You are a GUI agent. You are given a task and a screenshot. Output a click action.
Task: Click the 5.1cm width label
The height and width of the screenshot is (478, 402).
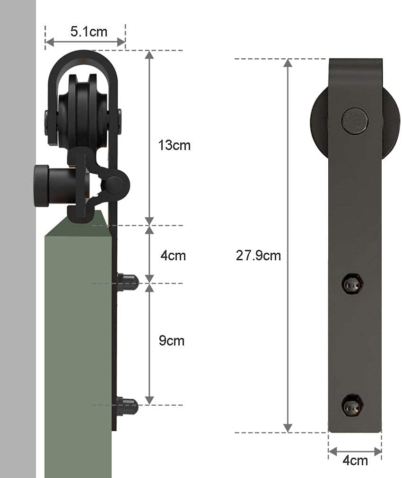[x=89, y=32]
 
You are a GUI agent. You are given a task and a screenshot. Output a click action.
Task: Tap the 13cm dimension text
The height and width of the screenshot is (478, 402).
[x=174, y=145]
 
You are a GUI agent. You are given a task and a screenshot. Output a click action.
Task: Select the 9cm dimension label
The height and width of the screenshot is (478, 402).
[x=171, y=341]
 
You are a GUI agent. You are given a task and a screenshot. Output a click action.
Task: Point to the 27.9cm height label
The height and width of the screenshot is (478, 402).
[x=258, y=256]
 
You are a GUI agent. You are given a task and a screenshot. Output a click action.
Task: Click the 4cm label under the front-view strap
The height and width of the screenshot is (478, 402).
[x=355, y=460]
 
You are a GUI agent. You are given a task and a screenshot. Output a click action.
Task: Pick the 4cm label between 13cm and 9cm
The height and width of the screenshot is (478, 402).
[x=173, y=256]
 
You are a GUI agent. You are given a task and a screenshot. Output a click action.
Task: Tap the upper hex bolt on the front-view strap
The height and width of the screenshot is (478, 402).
[x=353, y=284]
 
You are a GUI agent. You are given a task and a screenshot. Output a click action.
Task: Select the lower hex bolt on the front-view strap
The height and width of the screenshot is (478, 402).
[x=353, y=404]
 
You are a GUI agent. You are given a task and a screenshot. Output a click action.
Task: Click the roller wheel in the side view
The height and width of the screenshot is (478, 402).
[x=83, y=111]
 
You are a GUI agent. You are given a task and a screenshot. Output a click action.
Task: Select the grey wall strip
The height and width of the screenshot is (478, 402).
[x=18, y=284]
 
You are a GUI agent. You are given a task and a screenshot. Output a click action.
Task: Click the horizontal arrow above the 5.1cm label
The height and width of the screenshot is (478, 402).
[x=85, y=43]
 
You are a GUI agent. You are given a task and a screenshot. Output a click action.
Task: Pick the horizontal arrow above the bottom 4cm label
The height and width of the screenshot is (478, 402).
[x=355, y=451]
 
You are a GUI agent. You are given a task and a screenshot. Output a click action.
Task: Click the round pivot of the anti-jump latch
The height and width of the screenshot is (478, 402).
[x=115, y=184]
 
